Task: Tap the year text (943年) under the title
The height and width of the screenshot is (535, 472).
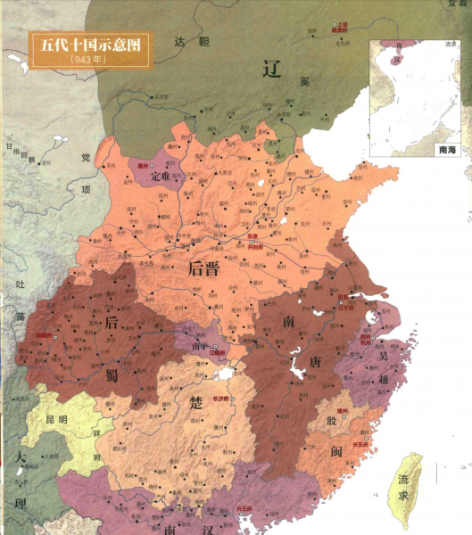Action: pos(87,58)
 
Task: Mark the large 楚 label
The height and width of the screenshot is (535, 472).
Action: pos(198,403)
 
